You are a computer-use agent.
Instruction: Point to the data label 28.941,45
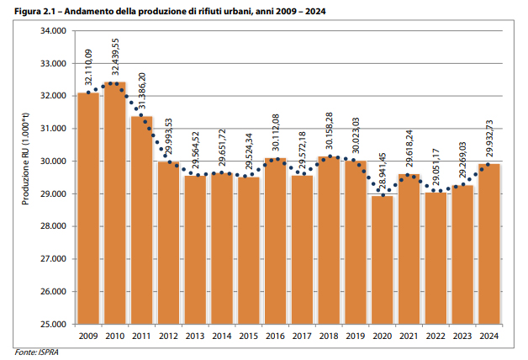383,174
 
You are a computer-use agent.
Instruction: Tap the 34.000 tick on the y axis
53,31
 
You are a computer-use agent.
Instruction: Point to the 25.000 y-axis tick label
53,325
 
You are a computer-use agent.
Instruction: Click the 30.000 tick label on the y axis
53,161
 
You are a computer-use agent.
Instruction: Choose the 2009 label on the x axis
88,336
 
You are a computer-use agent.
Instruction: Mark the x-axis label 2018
330,336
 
